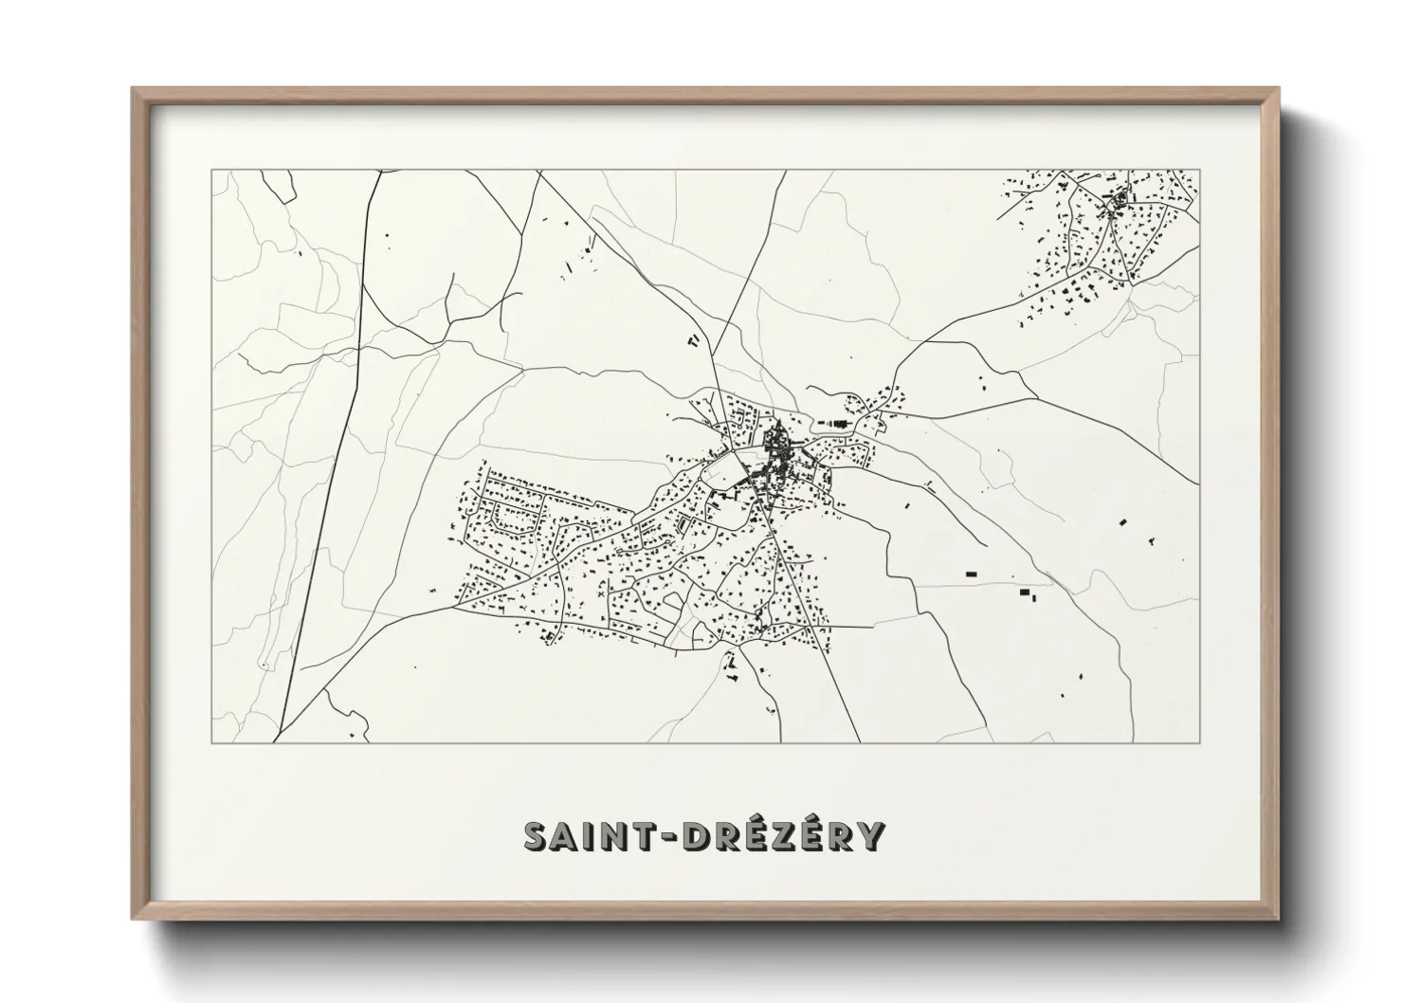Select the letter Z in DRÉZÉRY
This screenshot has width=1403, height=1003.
[767, 836]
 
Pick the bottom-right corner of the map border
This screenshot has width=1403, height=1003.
[1199, 742]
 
